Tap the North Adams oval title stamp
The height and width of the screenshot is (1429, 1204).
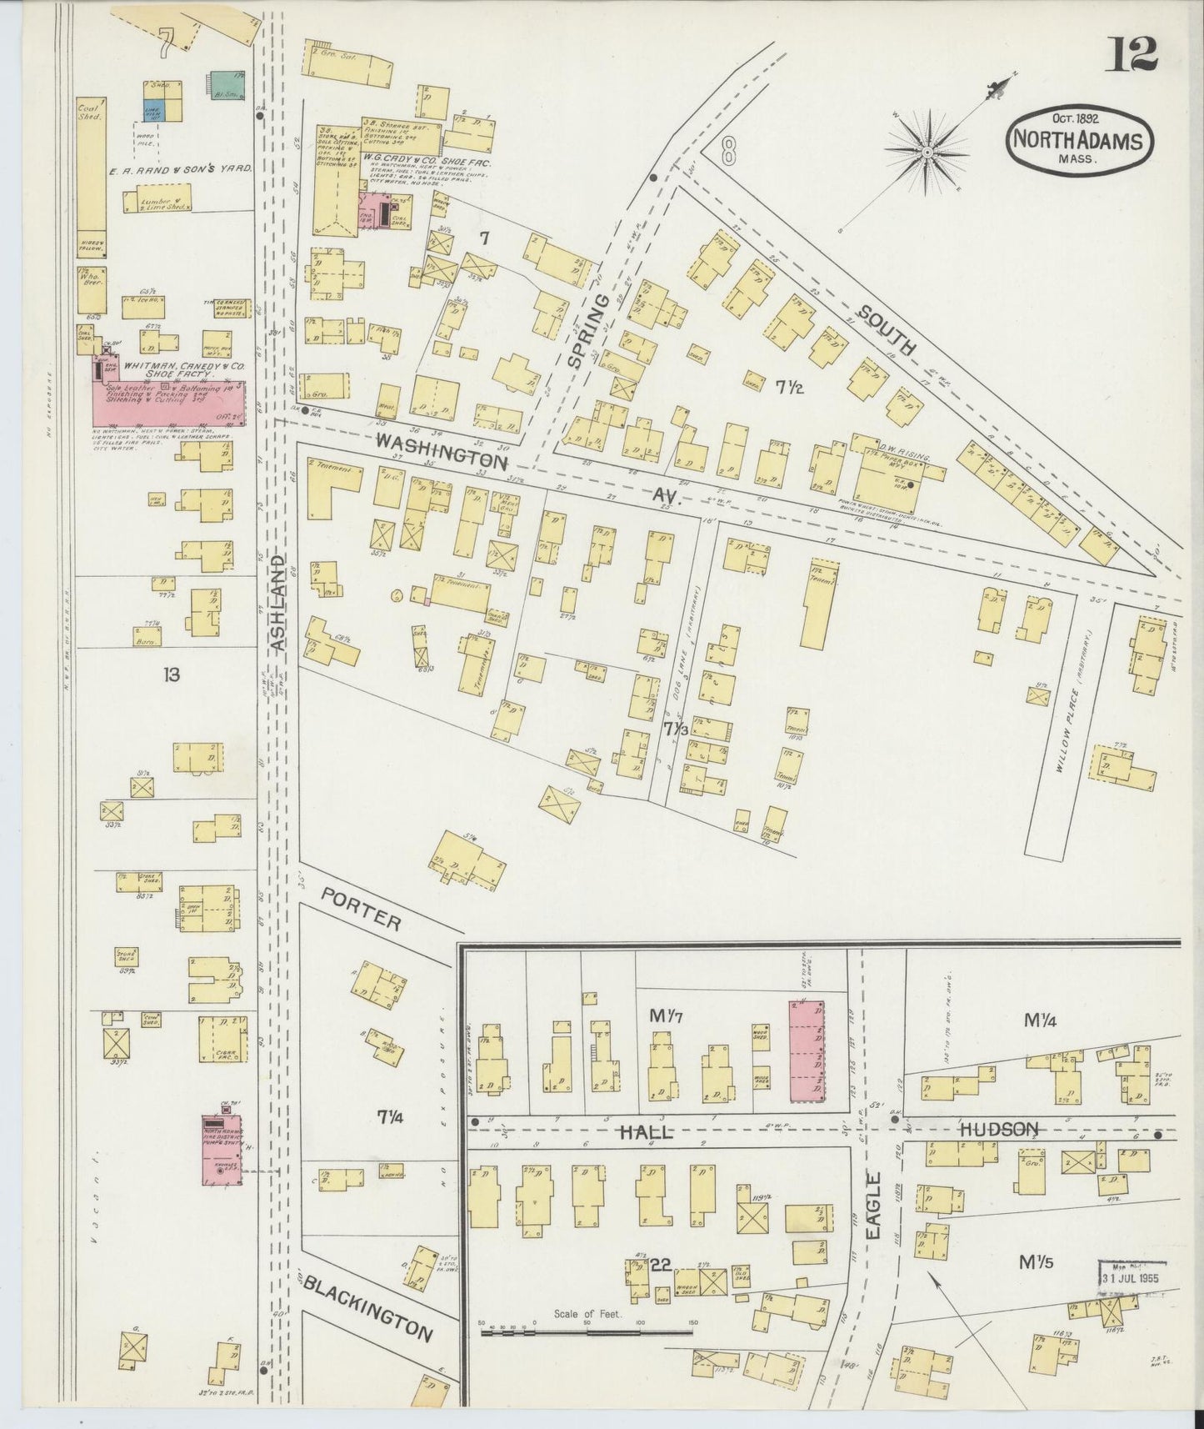[1081, 139]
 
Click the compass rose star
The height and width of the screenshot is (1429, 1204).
[927, 153]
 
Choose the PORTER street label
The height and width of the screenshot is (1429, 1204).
[362, 908]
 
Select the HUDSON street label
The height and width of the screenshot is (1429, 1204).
[998, 1130]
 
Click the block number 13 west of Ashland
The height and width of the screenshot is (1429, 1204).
[172, 674]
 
